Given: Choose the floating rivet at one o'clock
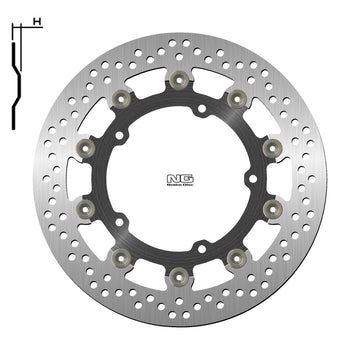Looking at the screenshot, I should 237,97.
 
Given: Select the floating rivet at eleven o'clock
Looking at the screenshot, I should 123,97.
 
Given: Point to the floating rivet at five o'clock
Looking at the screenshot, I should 237,255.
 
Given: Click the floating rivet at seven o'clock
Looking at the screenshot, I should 123,255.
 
